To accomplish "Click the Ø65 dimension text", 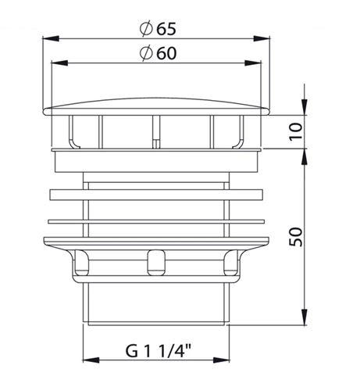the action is coord(158,28).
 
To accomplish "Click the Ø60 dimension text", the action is coord(158,53).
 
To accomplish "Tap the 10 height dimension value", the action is coord(296,131).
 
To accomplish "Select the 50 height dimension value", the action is coord(296,237).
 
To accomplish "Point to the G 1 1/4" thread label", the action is coord(159,351).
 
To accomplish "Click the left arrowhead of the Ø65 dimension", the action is coord(50,38).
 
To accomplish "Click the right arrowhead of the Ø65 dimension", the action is coord(262,38).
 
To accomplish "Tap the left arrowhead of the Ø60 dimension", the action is coord(59,63).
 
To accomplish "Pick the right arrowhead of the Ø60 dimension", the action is coord(253,63).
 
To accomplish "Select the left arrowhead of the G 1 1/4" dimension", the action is coord(91,360).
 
